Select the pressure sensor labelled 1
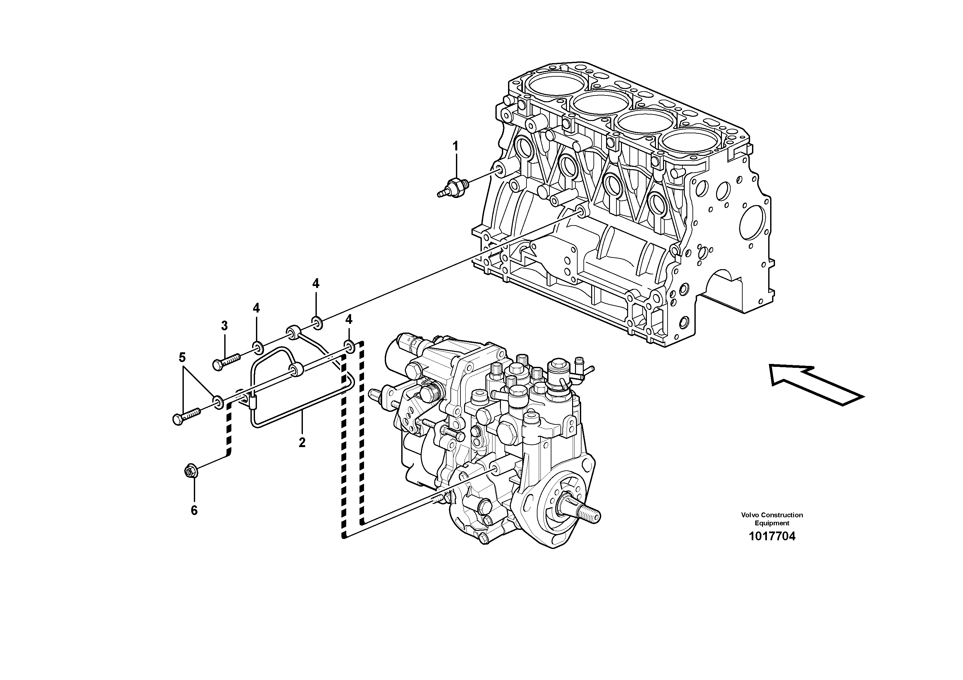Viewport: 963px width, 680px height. (x=452, y=186)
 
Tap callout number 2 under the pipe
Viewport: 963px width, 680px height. (x=302, y=442)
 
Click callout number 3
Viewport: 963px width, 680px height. (x=224, y=325)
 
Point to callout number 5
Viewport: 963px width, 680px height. (x=182, y=357)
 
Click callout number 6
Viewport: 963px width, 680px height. (x=194, y=510)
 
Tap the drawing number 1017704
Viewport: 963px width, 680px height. (x=772, y=536)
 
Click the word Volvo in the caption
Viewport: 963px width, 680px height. (x=750, y=515)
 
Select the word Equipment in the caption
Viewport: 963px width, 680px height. (x=772, y=523)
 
